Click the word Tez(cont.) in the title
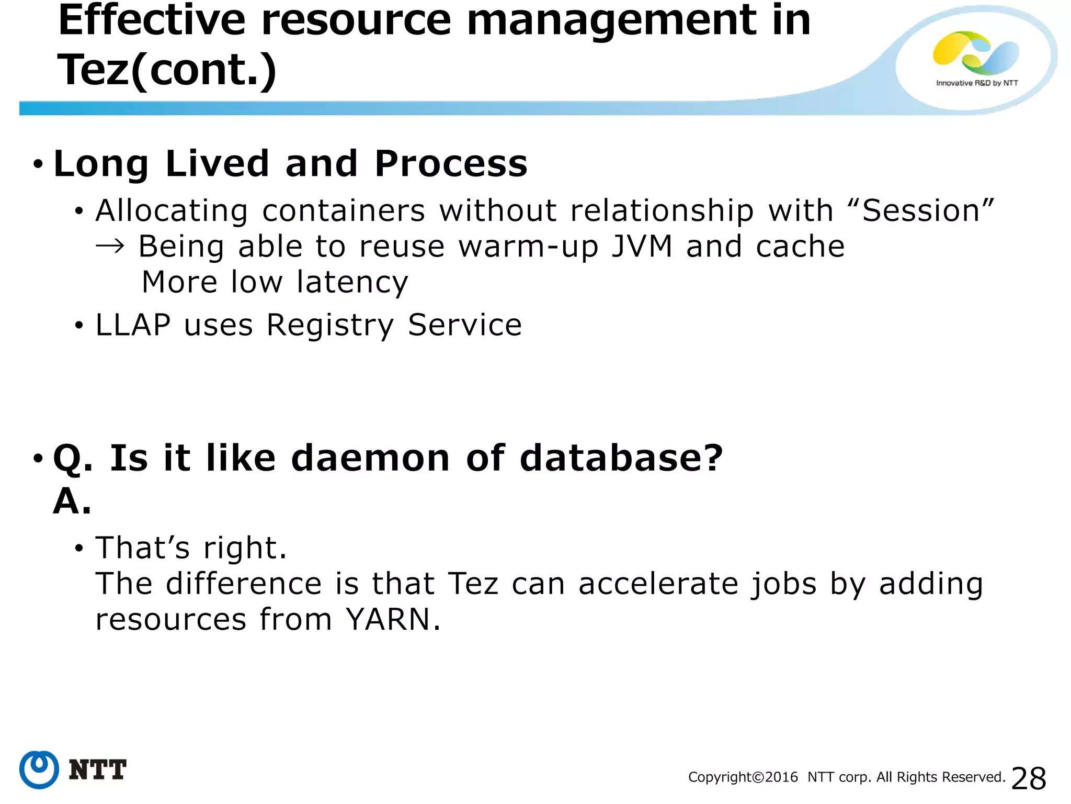tap(167, 70)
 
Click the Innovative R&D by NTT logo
tap(976, 59)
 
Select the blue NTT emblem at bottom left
tap(39, 769)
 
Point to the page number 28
tap(1029, 778)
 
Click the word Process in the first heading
tap(451, 164)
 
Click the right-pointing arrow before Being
tap(110, 247)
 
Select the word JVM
tap(642, 247)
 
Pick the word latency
tap(352, 283)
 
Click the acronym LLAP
tap(133, 325)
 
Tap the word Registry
tap(329, 326)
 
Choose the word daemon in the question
tap(370, 459)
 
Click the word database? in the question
tap(621, 459)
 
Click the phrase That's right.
tap(191, 549)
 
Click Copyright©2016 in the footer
tap(743, 777)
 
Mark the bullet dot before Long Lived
tap(38, 164)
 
